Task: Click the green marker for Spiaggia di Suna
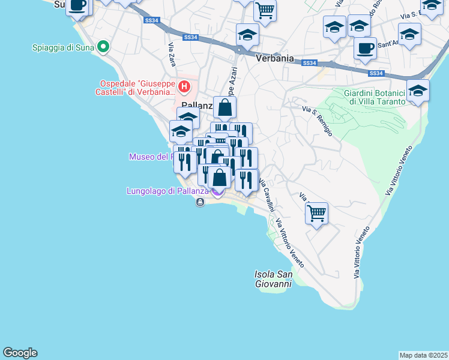[x=103, y=46]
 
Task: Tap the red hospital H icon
[x=185, y=87]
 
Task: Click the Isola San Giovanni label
[x=273, y=279]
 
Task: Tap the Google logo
[x=20, y=353]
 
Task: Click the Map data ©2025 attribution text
[x=424, y=355]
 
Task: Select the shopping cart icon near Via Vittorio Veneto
[x=316, y=212]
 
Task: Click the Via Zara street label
[x=172, y=55]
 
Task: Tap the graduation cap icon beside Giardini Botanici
[x=418, y=91]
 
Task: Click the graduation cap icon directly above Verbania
[x=247, y=34]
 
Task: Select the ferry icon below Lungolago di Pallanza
[x=200, y=202]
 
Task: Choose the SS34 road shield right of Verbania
[x=310, y=63]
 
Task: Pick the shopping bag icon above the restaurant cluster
[x=224, y=108]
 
